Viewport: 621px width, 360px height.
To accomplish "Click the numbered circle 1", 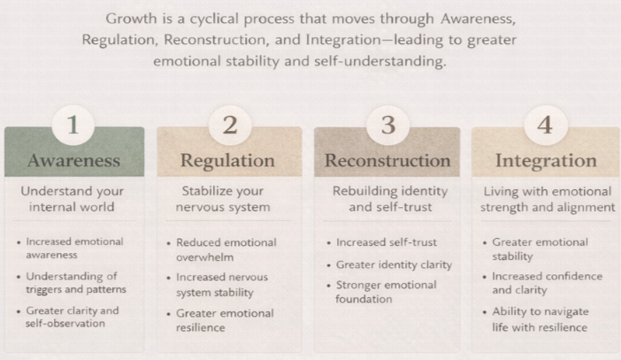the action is click(73, 125).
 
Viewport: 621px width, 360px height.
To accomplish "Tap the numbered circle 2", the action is click(230, 125).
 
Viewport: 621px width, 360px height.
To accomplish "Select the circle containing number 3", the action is click(387, 125).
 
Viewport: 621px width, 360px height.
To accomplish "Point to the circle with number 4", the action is click(545, 125).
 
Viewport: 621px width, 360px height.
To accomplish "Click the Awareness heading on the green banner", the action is click(74, 160).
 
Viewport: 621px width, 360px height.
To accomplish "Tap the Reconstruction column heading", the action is click(387, 160).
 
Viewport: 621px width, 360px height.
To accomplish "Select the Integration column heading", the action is click(545, 160).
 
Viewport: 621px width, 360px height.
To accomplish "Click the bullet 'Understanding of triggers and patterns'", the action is click(76, 283).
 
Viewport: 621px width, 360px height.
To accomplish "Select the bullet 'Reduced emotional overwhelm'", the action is click(225, 249).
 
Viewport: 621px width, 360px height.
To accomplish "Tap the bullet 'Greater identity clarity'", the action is click(394, 264).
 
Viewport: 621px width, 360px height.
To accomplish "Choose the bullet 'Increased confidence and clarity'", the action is click(547, 283).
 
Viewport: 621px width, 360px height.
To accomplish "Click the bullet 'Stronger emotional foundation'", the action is click(387, 291).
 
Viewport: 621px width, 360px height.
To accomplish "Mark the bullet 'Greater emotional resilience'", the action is click(224, 320).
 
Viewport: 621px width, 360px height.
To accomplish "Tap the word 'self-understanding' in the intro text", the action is click(385, 61).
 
